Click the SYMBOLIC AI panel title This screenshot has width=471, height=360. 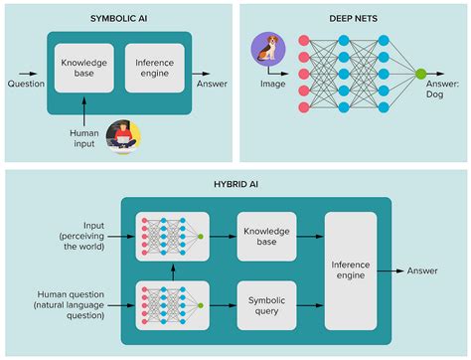(x=117, y=19)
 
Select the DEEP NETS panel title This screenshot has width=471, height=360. (x=354, y=19)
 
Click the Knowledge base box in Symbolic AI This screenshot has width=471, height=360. (x=84, y=70)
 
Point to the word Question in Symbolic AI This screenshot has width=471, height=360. (x=25, y=84)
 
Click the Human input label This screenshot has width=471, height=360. (x=83, y=138)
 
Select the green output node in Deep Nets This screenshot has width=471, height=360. (x=420, y=75)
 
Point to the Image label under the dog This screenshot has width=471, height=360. (x=268, y=84)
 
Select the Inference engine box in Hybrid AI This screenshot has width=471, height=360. (x=351, y=270)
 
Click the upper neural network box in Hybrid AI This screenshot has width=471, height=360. (x=171, y=238)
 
